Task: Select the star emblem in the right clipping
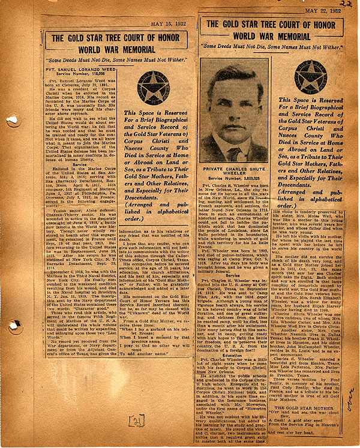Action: click(x=310, y=77)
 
